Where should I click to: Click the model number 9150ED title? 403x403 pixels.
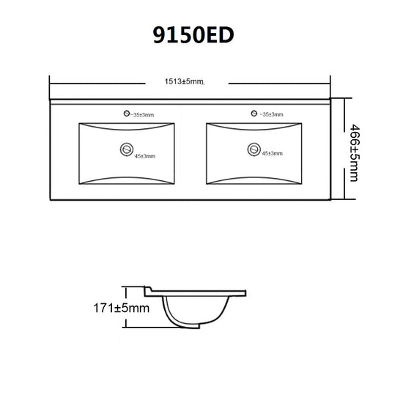click(193, 35)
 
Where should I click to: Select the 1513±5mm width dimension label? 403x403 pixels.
click(184, 81)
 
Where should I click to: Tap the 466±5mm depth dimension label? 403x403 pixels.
click(355, 153)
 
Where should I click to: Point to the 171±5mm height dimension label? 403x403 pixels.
click(122, 308)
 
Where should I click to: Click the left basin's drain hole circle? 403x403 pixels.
click(127, 149)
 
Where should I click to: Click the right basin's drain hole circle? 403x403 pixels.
click(254, 149)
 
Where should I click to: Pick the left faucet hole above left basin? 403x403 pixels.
click(127, 114)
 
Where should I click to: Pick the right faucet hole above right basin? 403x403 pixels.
click(254, 114)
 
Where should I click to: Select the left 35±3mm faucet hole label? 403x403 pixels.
click(142, 115)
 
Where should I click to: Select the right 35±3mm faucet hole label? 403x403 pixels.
click(272, 114)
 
